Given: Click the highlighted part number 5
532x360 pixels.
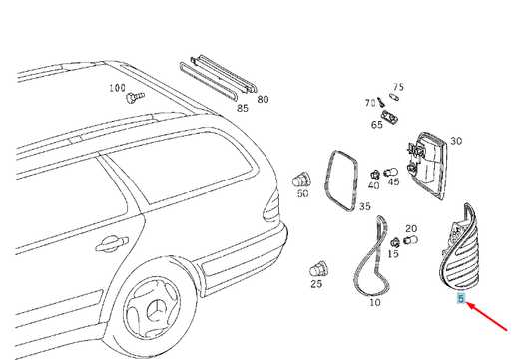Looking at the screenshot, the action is [x=461, y=298].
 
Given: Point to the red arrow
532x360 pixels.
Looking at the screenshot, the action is [x=486, y=316].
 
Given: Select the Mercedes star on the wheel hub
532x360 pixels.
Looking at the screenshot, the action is [x=156, y=309].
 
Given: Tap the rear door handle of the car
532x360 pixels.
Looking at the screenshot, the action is [x=112, y=243].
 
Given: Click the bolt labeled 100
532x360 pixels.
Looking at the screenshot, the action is [x=135, y=97].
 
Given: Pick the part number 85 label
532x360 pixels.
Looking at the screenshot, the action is [x=243, y=108].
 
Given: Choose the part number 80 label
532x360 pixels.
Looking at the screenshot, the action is [x=263, y=100].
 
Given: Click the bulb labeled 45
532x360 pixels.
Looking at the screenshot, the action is [x=391, y=173].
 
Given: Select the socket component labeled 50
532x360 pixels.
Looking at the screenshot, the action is [x=301, y=180].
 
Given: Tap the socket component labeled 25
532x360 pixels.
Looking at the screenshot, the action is [x=318, y=270].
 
